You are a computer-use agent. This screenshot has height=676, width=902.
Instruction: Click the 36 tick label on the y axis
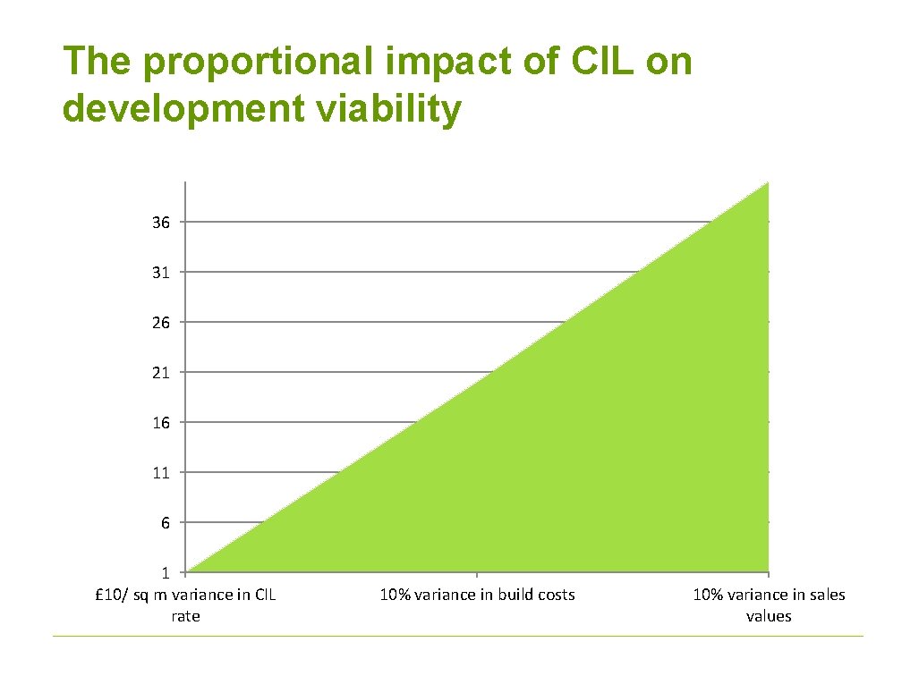pos(161,223)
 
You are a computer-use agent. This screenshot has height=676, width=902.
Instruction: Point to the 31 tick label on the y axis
pos(161,273)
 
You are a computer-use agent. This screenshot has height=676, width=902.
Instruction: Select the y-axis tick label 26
pos(161,323)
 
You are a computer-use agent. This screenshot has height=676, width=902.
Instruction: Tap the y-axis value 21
pos(161,373)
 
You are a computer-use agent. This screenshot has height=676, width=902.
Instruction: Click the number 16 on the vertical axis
pos(161,423)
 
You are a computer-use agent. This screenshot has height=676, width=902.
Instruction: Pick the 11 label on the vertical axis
pos(161,473)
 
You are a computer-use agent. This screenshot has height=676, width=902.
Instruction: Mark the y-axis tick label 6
pos(165,523)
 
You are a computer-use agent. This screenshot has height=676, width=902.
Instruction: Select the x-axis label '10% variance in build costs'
pos(477,595)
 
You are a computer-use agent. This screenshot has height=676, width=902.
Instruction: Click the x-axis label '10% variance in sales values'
pos(769,605)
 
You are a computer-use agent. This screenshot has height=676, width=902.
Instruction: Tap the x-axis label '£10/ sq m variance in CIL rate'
pos(185,605)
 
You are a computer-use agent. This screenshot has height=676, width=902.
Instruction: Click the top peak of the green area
pos(767,184)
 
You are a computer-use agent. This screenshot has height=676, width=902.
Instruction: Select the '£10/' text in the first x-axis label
pos(111,595)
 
